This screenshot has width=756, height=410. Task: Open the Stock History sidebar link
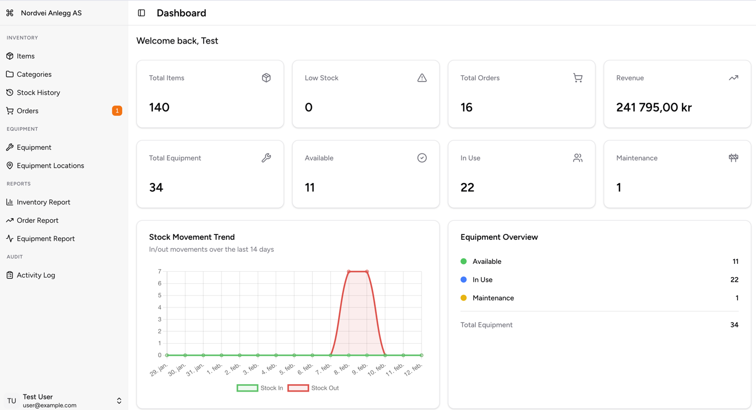(38, 93)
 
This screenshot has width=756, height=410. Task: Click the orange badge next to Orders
(117, 110)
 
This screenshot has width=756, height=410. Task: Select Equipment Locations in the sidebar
(50, 166)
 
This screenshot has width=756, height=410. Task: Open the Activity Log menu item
(36, 275)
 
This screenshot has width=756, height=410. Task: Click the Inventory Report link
(43, 202)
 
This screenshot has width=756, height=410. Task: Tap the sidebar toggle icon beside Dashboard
(141, 13)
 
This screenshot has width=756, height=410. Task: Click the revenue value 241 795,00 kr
(654, 107)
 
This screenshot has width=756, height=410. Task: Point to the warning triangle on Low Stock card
(422, 78)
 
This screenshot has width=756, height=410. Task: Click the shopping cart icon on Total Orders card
(577, 78)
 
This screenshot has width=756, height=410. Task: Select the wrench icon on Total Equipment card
(266, 158)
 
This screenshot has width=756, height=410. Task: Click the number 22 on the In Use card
(467, 187)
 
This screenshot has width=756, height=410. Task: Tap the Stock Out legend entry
(313, 388)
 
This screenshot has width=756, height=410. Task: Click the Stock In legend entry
(260, 388)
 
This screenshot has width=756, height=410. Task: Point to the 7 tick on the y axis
(159, 272)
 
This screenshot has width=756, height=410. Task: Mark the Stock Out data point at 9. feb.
(367, 272)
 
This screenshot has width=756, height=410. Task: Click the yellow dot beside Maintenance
(464, 298)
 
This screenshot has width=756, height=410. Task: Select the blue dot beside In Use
(464, 280)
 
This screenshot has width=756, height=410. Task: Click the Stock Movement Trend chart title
(192, 237)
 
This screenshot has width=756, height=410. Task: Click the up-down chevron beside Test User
(119, 401)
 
